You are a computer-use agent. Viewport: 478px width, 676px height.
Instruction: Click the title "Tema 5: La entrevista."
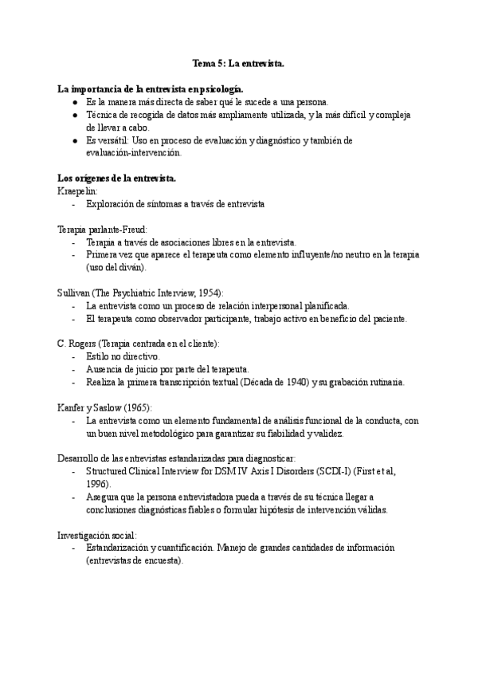pyautogui.click(x=238, y=61)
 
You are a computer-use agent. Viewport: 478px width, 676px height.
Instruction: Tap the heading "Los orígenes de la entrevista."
pyautogui.click(x=117, y=178)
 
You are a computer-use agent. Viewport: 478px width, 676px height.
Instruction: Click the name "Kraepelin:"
pyautogui.click(x=76, y=191)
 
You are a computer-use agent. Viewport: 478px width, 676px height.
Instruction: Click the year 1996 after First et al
pyautogui.click(x=97, y=484)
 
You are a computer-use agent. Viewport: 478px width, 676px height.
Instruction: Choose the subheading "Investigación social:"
pyautogui.click(x=97, y=535)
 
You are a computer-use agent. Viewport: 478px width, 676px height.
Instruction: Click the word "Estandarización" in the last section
pyautogui.click(x=118, y=548)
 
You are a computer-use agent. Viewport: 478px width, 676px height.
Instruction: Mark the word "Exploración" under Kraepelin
pyautogui.click(x=112, y=204)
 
